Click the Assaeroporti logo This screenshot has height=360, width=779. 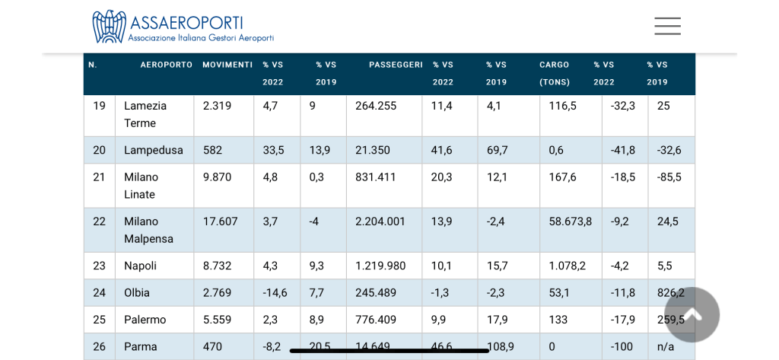(x=183, y=27)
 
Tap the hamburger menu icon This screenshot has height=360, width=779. (x=667, y=27)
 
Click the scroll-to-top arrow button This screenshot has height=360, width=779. (x=692, y=314)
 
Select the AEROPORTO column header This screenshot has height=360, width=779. (x=166, y=65)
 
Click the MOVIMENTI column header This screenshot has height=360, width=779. (x=227, y=65)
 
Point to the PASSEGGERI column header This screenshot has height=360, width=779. (x=396, y=65)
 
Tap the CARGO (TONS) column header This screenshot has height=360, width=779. (x=555, y=73)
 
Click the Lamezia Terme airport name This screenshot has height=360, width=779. (x=145, y=114)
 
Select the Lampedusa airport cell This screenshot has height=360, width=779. (x=154, y=150)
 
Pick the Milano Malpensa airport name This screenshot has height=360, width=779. (x=148, y=230)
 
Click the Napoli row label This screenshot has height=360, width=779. (x=141, y=266)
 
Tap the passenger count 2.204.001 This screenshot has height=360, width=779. (x=380, y=221)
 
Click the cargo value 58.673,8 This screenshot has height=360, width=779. (x=570, y=221)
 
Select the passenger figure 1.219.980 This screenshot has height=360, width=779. (x=380, y=266)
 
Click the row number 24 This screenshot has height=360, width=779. (x=100, y=292)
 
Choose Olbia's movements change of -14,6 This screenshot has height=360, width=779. (x=275, y=292)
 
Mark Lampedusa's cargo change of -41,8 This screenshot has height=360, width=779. (x=623, y=150)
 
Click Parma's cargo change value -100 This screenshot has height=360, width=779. (x=622, y=346)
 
